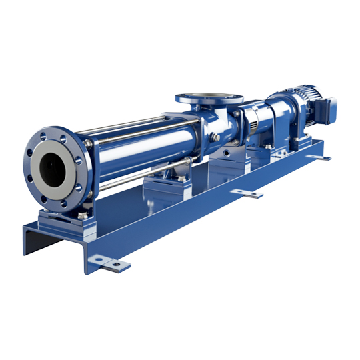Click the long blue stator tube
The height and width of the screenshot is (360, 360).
(133, 143)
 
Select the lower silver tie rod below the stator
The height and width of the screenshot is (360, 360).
(127, 174)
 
